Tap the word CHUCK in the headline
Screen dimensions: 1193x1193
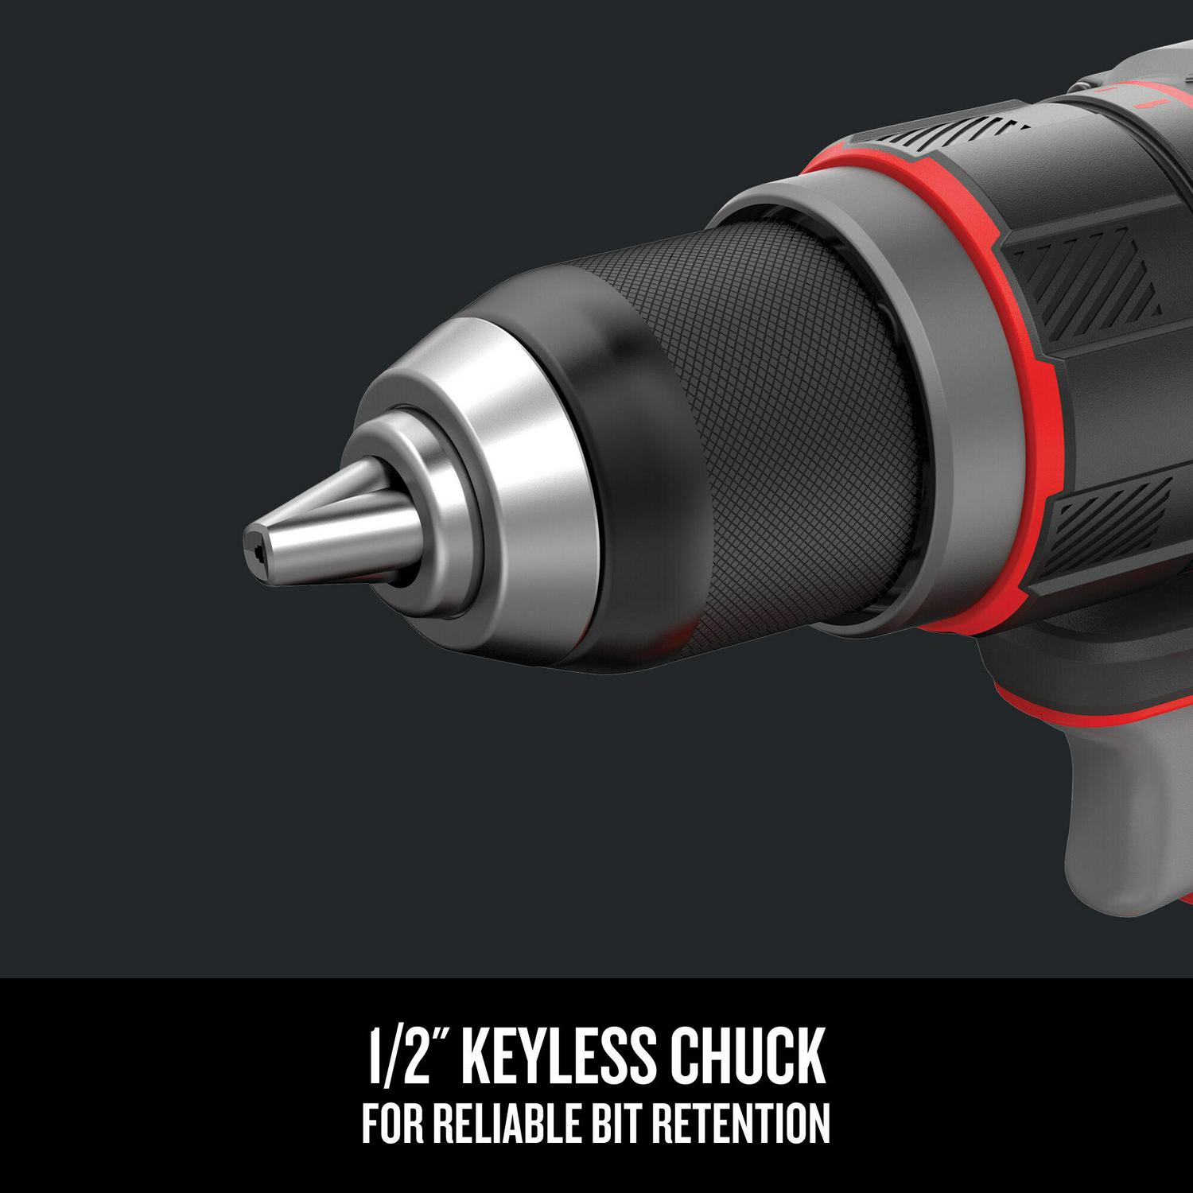(x=745, y=1056)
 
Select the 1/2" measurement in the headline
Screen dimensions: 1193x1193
(x=406, y=1056)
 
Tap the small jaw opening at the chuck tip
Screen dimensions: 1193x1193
(x=257, y=550)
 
